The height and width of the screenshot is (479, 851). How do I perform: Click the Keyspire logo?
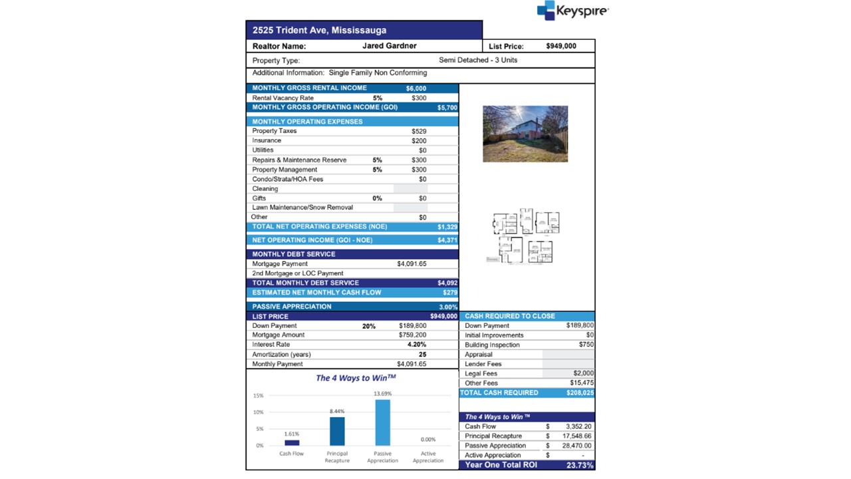pos(572,11)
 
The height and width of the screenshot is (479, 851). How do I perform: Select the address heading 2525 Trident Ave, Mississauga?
pos(319,30)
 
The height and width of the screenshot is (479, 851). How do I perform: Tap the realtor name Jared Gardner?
pos(390,46)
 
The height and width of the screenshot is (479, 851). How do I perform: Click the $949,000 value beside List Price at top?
pos(561,46)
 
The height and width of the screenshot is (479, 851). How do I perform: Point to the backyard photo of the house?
pos(525,134)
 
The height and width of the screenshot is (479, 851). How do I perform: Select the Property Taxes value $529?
pos(419,131)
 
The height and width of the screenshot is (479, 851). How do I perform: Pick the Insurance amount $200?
pos(419,141)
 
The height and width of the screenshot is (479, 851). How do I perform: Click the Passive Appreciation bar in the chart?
pos(382,422)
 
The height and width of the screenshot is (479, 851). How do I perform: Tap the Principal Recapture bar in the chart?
pos(337,431)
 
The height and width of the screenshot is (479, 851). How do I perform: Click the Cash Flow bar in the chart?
pos(292,442)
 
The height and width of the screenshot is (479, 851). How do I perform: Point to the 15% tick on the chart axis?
pos(258,396)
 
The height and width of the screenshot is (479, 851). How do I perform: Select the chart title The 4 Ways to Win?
pos(356,378)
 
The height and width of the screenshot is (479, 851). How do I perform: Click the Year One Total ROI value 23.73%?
pos(578,465)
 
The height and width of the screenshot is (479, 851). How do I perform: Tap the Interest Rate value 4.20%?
pos(417,345)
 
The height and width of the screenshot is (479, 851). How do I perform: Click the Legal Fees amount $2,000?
pos(583,374)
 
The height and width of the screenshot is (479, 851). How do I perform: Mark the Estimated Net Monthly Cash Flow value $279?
pos(450,293)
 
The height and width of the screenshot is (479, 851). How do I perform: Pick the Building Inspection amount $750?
pos(586,345)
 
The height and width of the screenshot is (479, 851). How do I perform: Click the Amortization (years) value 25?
pos(422,355)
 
